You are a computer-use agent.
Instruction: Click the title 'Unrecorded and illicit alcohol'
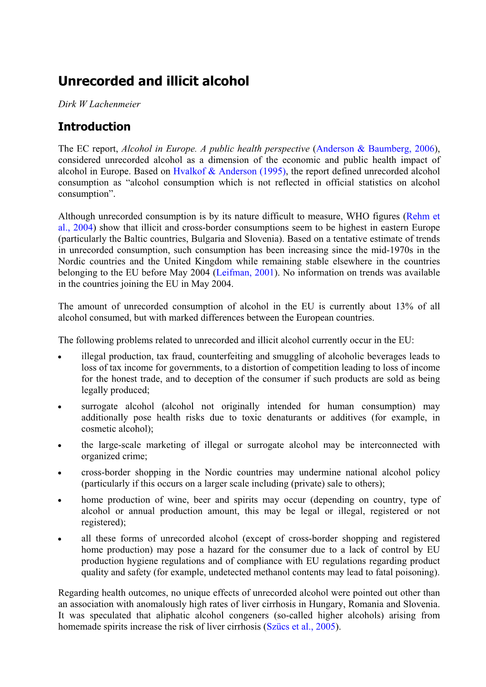[x=153, y=81]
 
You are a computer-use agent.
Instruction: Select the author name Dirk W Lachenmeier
[x=99, y=104]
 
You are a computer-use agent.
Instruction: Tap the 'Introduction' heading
[x=94, y=127]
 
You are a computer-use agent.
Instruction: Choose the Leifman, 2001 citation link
[x=245, y=273]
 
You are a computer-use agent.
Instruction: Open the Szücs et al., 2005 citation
[x=301, y=626]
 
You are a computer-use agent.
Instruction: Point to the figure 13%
[x=404, y=306]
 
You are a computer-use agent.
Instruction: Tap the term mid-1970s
[x=390, y=250]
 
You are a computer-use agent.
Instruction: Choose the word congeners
[x=247, y=615]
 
